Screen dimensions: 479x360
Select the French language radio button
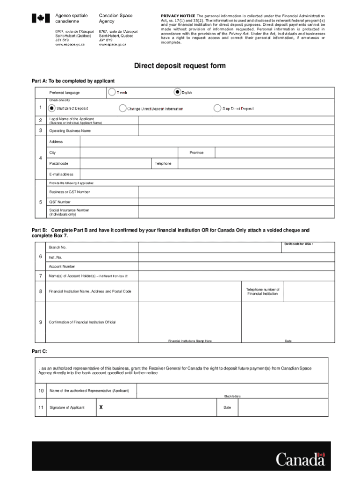point(112,92)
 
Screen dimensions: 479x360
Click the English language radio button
point(177,92)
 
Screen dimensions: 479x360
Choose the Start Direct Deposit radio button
point(51,108)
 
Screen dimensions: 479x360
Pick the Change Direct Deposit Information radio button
point(122,108)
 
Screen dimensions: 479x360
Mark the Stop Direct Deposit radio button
point(217,108)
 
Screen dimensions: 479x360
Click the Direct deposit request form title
point(180,66)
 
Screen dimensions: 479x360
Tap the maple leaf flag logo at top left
point(40,18)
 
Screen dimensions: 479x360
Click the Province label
point(196,152)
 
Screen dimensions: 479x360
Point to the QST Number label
point(60,202)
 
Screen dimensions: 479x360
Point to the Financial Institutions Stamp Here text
point(190,341)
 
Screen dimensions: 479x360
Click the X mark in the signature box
point(101,407)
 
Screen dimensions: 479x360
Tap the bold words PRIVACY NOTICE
point(178,16)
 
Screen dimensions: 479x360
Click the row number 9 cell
point(41,322)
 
